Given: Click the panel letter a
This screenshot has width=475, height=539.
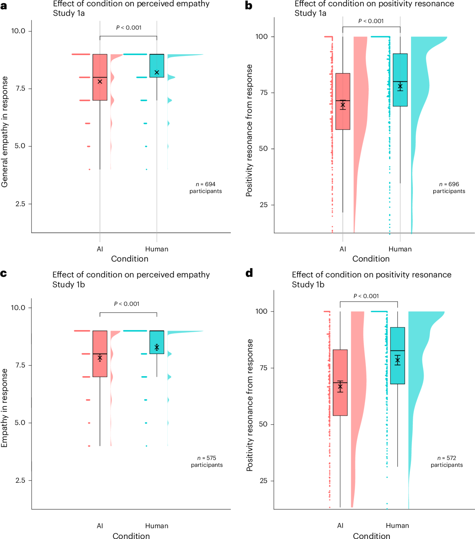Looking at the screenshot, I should tap(4, 6).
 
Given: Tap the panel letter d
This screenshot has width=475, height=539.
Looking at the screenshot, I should tap(249, 273).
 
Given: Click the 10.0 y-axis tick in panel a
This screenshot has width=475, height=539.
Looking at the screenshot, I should tap(18, 31).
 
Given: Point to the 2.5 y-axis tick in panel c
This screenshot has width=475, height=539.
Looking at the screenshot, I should tap(20, 480).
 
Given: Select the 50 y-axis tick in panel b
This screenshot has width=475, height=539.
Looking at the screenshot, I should tap(263, 149).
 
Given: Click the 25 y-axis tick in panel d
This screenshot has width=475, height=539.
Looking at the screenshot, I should tap(264, 480).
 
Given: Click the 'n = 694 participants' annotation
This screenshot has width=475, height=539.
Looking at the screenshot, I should tap(206, 188).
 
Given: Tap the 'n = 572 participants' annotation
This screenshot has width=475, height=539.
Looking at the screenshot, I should tap(447, 461).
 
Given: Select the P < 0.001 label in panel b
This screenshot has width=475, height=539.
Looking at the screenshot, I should tap(371, 21).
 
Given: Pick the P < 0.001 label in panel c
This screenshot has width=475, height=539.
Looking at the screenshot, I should tap(127, 304).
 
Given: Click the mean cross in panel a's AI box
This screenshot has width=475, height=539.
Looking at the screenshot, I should tap(100, 81).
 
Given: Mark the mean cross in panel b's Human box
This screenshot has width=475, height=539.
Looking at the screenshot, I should tap(400, 87).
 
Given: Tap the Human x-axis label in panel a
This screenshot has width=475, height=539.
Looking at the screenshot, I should tap(157, 249).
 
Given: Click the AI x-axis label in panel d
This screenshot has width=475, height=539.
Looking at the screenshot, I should tap(340, 526).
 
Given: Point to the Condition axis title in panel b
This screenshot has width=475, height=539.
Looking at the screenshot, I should tap(371, 259).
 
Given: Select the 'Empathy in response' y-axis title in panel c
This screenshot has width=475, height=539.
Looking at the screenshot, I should tap(4, 408).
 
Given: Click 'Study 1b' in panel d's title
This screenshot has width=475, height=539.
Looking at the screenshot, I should tap(308, 285).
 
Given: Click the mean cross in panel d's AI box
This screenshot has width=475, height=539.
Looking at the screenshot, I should tap(340, 387).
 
